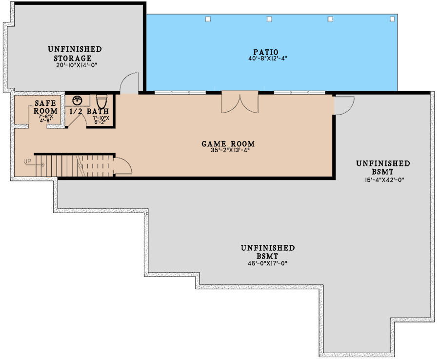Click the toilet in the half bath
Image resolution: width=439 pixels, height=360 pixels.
[101, 101]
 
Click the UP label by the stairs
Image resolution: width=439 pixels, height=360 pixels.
[27, 161]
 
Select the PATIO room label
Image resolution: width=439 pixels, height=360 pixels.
[266, 52]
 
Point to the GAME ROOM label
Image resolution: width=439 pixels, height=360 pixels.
[228, 144]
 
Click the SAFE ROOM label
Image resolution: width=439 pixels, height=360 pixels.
[45, 107]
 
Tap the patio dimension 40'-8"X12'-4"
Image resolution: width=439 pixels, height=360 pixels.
[268, 59]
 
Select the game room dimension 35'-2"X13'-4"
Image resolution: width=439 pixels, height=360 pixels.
[230, 150]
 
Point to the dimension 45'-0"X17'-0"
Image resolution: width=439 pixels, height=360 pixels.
[268, 263]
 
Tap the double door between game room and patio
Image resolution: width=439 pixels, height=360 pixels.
[240, 102]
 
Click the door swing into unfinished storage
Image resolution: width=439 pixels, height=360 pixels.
[129, 83]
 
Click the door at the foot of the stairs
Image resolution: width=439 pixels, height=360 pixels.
[122, 166]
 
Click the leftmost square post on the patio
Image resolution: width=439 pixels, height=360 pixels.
[208, 19]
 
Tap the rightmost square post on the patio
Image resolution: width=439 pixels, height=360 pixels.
[392, 19]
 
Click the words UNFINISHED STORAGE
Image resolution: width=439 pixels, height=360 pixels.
[75, 54]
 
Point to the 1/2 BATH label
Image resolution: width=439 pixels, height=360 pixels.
[89, 111]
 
